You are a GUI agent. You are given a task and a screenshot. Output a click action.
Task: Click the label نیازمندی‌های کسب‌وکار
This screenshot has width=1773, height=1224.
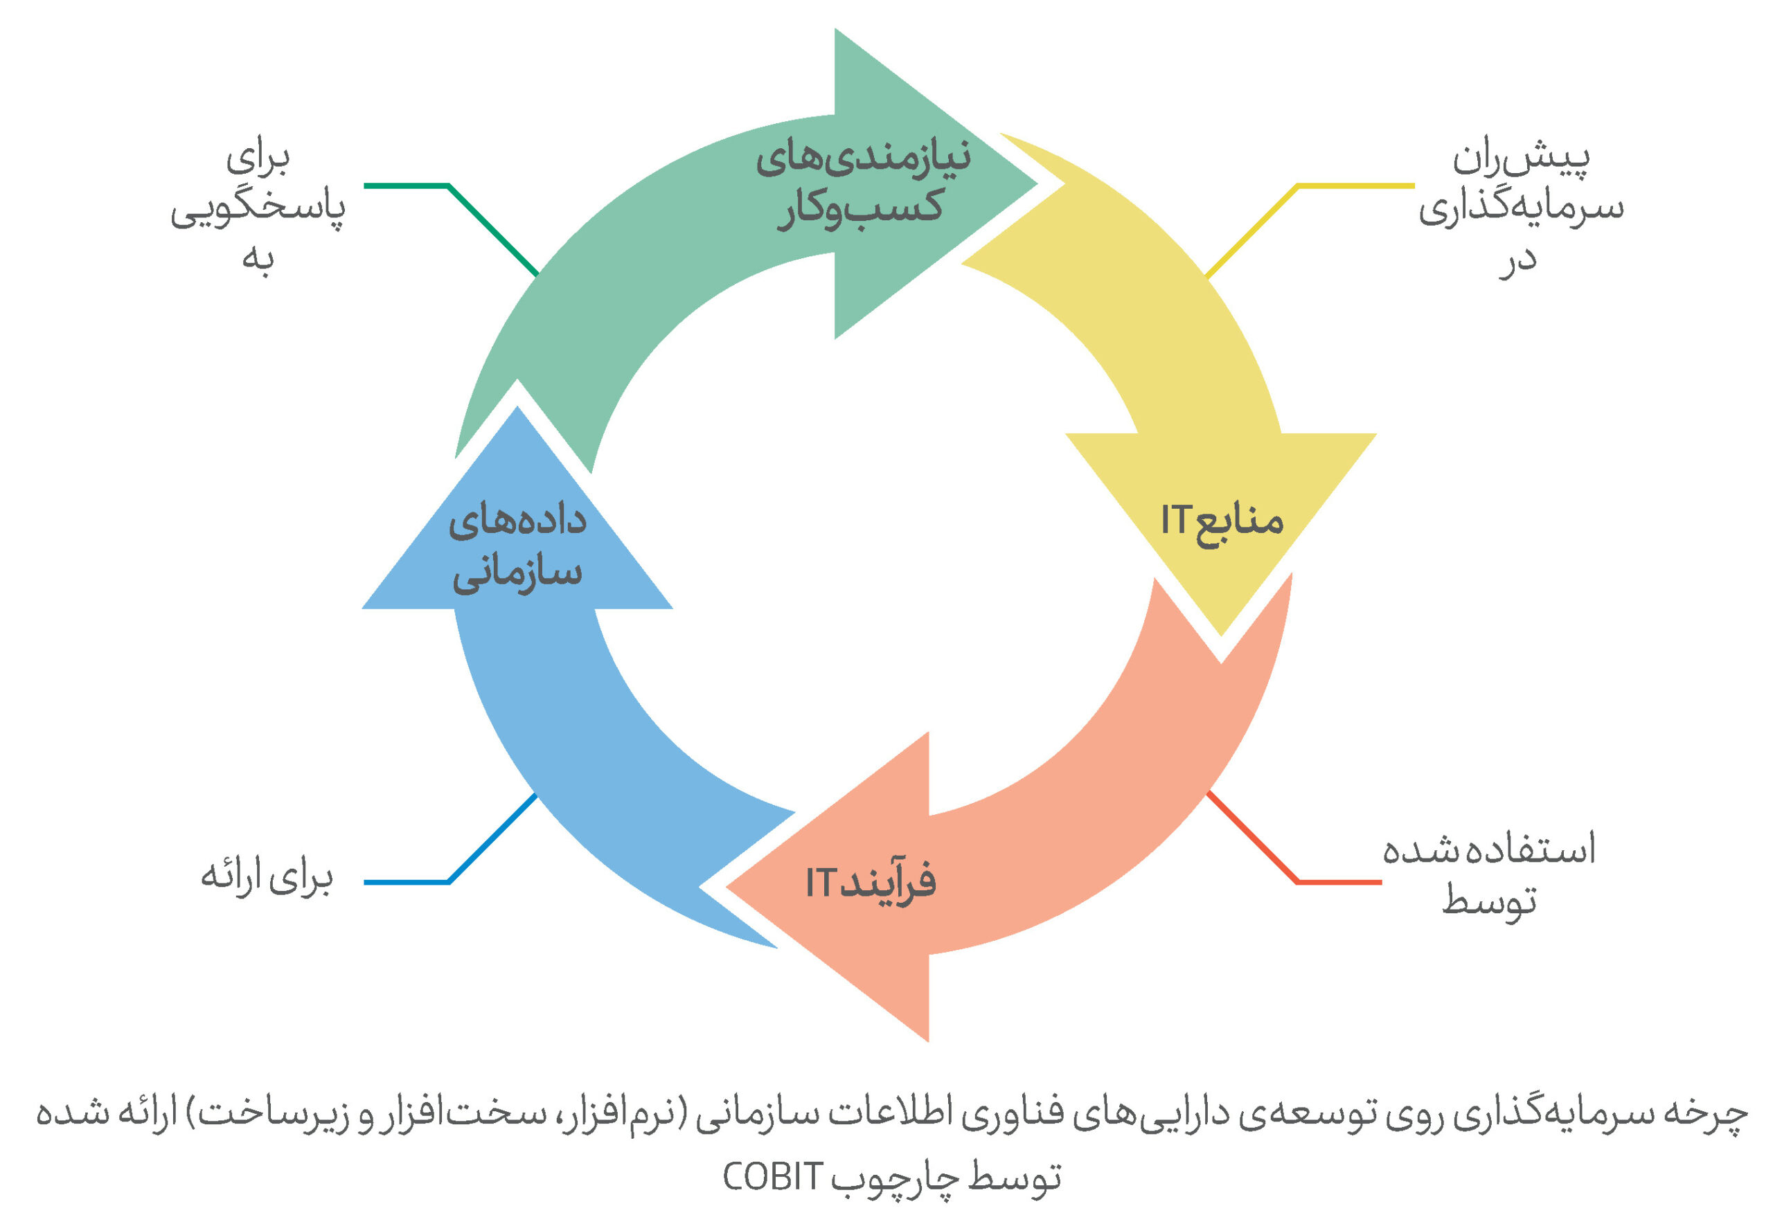click(x=863, y=184)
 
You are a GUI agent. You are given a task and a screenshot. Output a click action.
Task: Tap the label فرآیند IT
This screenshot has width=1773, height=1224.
click(x=871, y=882)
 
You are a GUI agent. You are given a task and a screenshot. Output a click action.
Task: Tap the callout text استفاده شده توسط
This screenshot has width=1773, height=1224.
click(x=1489, y=875)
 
